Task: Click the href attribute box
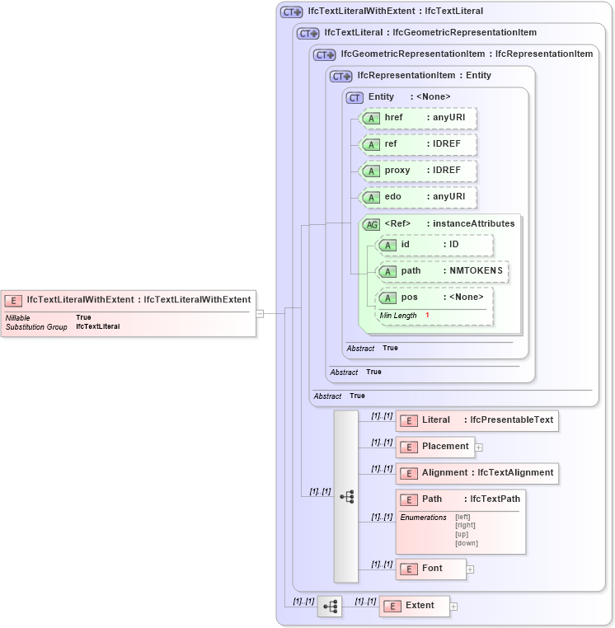pos(419,118)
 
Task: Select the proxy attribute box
pos(419,171)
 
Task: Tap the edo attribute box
pos(419,197)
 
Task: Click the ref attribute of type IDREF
pos(419,144)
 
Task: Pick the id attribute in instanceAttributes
pos(434,245)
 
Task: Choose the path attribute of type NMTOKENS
pos(443,271)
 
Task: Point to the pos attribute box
pos(434,298)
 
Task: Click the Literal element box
pos(477,420)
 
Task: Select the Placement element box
pos(435,447)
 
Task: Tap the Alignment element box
pos(477,473)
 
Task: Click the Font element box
pos(430,569)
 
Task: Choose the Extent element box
pos(414,606)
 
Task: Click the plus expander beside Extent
pos(453,607)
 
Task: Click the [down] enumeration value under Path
pos(467,543)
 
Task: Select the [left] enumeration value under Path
pos(462,517)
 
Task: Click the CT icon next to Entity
pos(354,97)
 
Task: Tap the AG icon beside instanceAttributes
pos(372,224)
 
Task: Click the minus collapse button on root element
pos(260,313)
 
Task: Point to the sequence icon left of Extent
pos(330,607)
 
